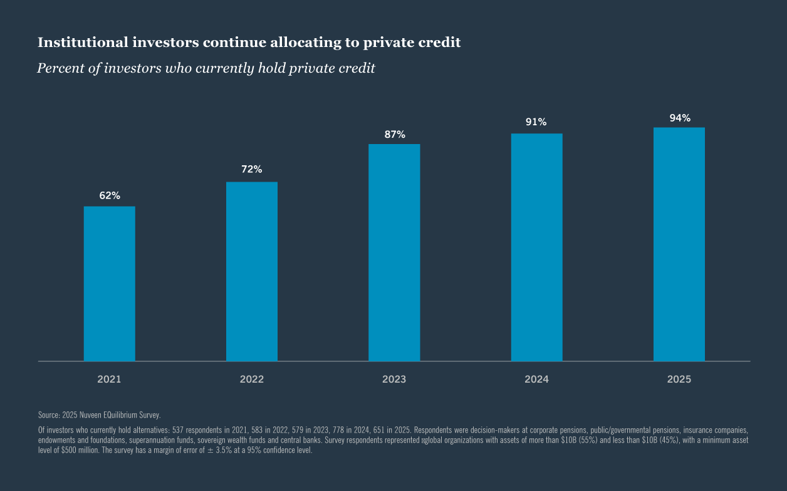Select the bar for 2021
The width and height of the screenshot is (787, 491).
click(x=110, y=284)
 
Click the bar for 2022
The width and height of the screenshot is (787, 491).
click(x=252, y=271)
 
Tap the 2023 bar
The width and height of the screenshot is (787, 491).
click(x=394, y=252)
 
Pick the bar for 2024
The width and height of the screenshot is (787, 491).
click(x=536, y=247)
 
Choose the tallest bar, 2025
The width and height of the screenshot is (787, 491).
click(x=679, y=244)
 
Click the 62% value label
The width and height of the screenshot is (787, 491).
click(x=110, y=195)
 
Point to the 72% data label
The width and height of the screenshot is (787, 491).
click(x=252, y=169)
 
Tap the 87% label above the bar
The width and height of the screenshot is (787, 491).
click(x=395, y=134)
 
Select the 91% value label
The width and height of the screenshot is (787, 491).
click(x=536, y=122)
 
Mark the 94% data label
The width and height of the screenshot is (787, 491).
click(x=680, y=118)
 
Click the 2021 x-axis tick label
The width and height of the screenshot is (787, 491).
click(x=110, y=380)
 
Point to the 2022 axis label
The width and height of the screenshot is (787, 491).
click(x=252, y=380)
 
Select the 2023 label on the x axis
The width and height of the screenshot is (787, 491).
click(x=394, y=380)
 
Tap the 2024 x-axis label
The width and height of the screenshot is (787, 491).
click(x=536, y=380)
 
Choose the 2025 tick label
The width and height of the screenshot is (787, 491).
click(x=679, y=380)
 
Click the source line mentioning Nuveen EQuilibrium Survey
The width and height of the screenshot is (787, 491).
click(x=100, y=415)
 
